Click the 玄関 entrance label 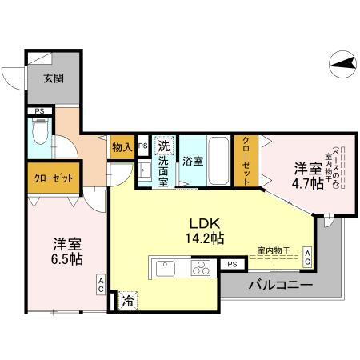tap(54, 78)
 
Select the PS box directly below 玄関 tap(38, 111)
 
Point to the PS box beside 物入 tap(142, 146)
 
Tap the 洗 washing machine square tap(163, 146)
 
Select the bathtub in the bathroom tap(218, 159)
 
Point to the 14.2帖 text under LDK tap(205, 238)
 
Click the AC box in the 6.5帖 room tap(102, 284)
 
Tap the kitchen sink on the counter tap(166, 268)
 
